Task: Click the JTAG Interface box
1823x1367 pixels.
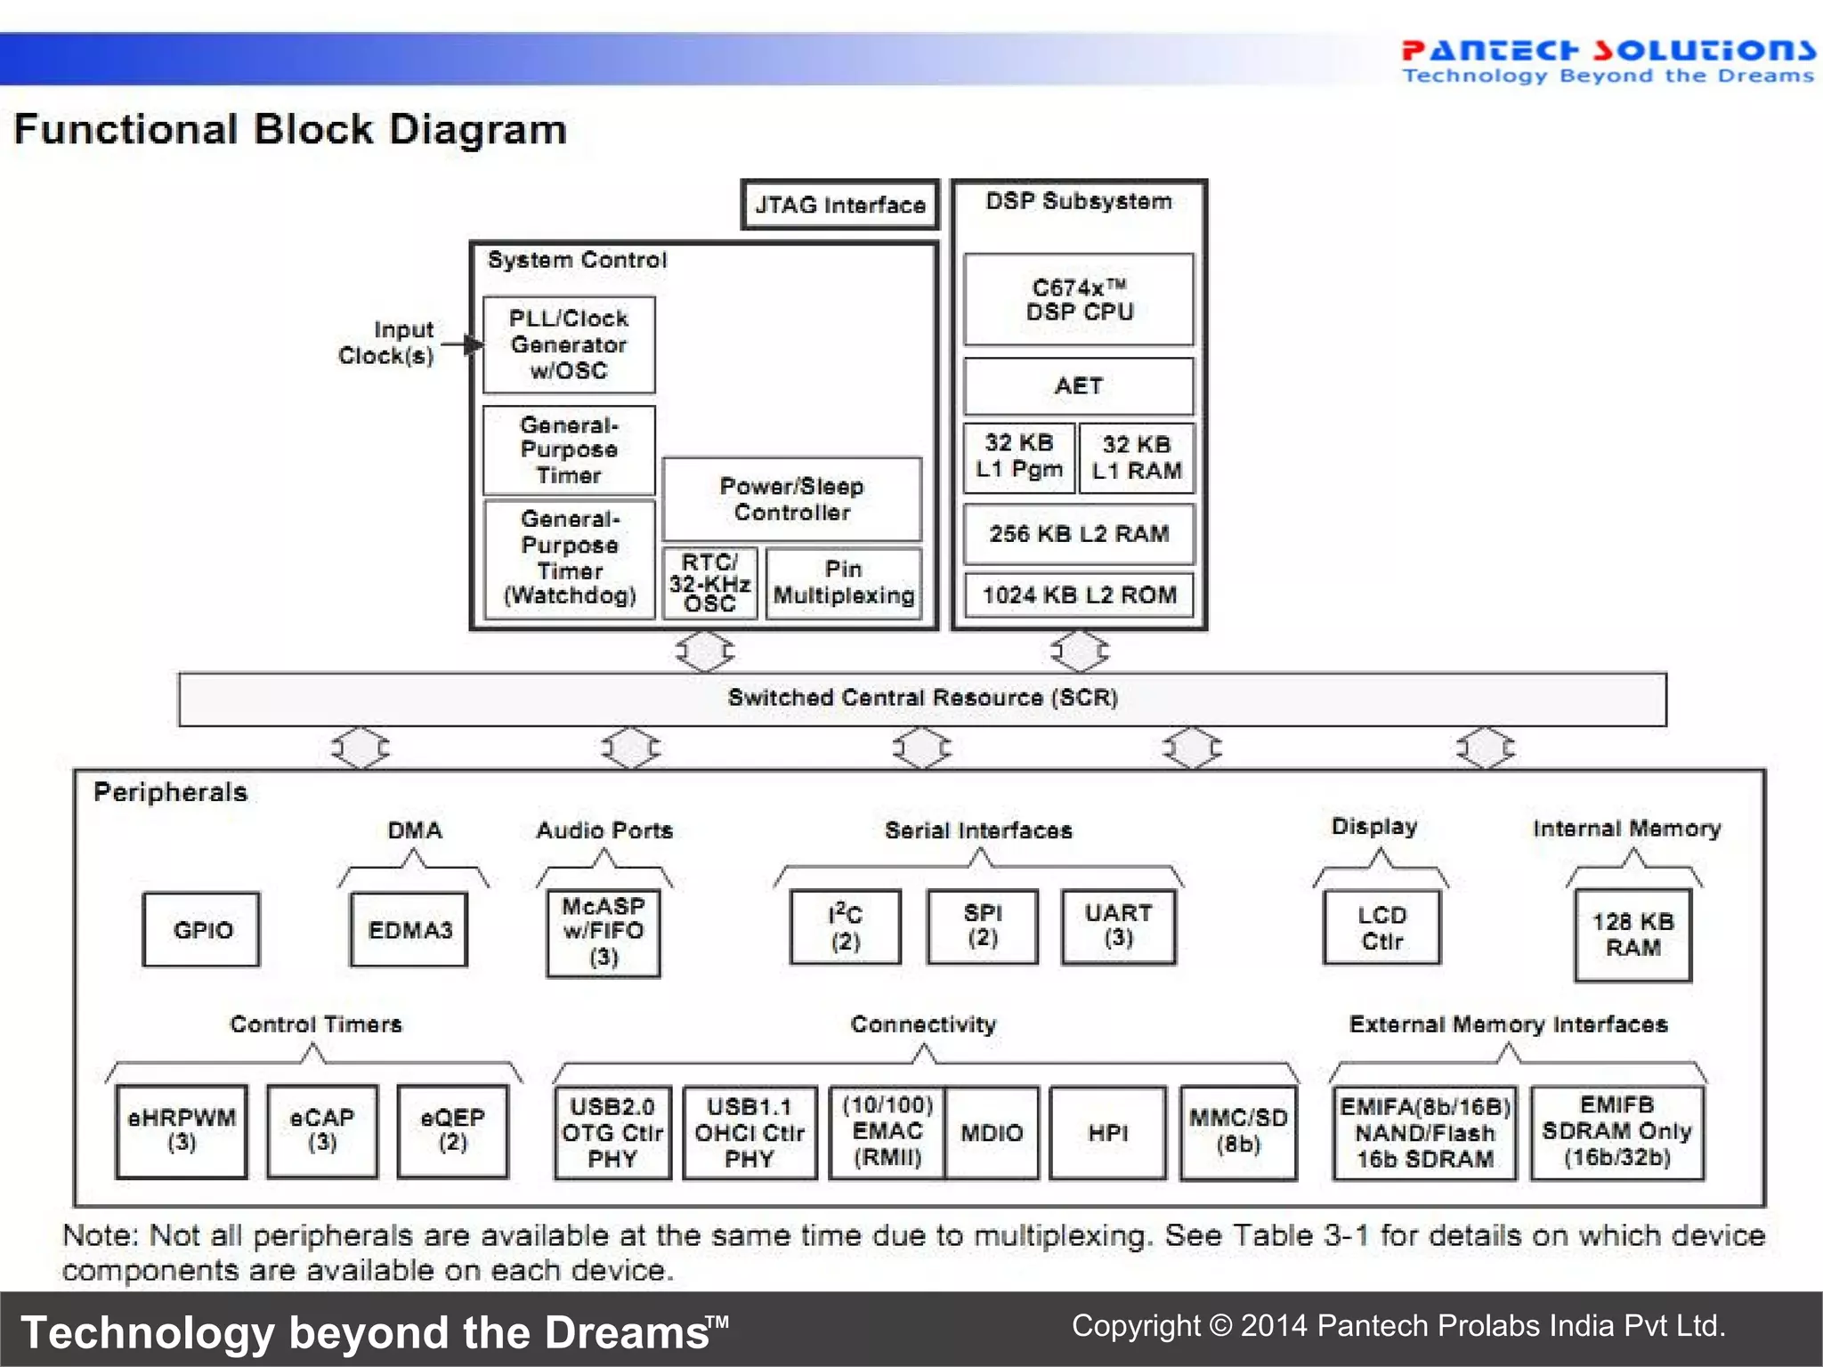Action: [x=839, y=205]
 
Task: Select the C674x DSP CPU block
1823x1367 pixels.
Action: [x=1079, y=300]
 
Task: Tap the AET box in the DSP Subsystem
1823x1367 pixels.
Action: [x=1079, y=386]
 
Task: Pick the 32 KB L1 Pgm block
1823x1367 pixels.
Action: [x=1019, y=457]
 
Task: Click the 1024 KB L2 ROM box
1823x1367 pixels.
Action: [x=1079, y=594]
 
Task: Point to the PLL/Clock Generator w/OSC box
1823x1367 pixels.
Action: [x=569, y=344]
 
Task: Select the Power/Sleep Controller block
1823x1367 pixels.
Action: [x=791, y=499]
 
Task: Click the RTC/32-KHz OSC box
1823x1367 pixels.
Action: [x=709, y=584]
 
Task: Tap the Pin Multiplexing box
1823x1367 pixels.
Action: [x=843, y=584]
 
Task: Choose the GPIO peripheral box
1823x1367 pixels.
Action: [x=202, y=930]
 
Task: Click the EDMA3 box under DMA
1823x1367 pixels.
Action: [x=409, y=930]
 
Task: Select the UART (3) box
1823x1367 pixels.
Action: [x=1118, y=926]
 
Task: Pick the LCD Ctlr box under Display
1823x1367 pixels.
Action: [x=1381, y=928]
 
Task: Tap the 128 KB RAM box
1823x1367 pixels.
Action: [x=1633, y=934]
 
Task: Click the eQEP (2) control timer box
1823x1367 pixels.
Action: [x=453, y=1131]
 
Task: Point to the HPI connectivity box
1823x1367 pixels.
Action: [x=1107, y=1133]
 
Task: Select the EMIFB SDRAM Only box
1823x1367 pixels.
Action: [x=1616, y=1131]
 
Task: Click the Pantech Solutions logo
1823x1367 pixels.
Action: [x=1608, y=61]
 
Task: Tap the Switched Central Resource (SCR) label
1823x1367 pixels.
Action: [x=922, y=698]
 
